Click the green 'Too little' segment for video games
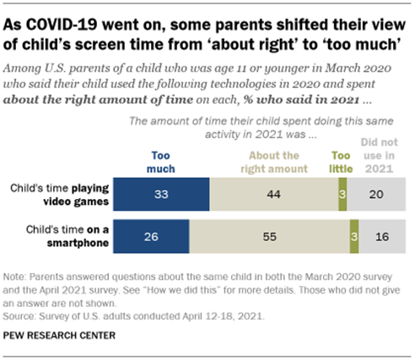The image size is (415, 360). [342, 193]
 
